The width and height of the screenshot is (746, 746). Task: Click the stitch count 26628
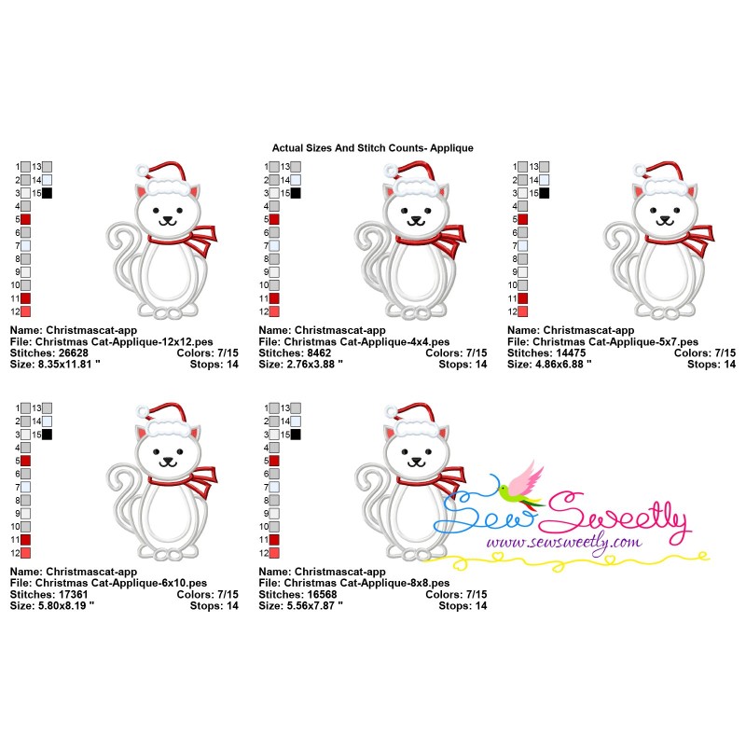(74, 353)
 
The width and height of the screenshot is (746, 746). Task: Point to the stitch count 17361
(74, 594)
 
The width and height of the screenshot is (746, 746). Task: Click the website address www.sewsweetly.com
(564, 543)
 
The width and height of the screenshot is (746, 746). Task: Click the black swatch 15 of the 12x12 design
(48, 193)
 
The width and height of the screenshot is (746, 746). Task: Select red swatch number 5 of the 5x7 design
(523, 219)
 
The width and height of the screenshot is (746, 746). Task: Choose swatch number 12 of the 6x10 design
(26, 553)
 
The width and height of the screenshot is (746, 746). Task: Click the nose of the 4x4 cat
(416, 219)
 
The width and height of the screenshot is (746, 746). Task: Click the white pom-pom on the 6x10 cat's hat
(144, 409)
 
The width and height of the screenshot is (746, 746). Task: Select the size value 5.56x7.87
(311, 605)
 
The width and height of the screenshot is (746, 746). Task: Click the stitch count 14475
(571, 353)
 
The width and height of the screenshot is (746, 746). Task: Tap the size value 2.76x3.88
(311, 365)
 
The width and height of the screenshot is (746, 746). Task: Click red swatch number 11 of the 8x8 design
(274, 540)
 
